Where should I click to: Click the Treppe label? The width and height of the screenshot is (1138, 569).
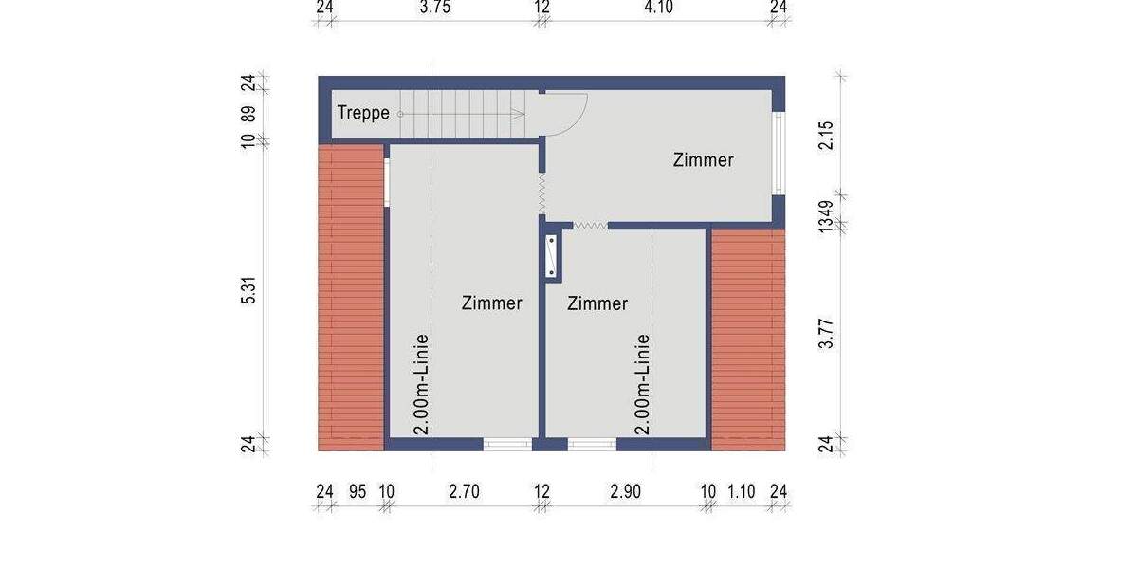(363, 113)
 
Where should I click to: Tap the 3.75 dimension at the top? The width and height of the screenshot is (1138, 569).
(434, 8)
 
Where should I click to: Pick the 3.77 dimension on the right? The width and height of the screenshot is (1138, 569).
(827, 333)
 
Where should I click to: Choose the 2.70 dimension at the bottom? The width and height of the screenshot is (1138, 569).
(465, 491)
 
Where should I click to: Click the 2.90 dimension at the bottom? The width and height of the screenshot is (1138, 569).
(626, 491)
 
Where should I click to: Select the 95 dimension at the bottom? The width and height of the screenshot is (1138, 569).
(358, 491)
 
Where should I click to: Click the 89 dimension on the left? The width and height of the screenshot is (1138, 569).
(249, 114)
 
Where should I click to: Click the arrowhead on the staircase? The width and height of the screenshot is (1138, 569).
(520, 114)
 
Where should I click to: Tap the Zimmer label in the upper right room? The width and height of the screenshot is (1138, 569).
(703, 159)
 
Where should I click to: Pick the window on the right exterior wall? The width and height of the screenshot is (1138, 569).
(779, 153)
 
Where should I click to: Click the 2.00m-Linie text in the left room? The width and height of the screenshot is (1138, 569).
(421, 383)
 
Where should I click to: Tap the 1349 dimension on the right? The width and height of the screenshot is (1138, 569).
(827, 217)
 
